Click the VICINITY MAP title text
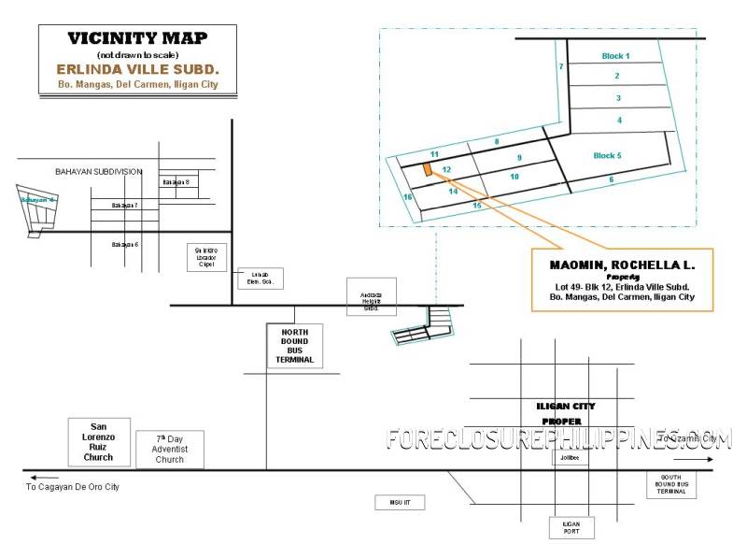click(135, 38)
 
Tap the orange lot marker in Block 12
click(427, 169)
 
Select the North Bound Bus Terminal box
click(294, 345)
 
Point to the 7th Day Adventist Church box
click(169, 449)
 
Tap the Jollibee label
click(571, 458)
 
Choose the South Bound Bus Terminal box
click(670, 485)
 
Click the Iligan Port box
click(571, 528)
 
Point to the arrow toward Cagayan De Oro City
click(39, 477)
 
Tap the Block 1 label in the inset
click(615, 56)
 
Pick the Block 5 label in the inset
click(607, 155)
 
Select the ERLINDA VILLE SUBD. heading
click(137, 68)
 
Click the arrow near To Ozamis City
click(692, 459)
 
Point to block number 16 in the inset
click(407, 197)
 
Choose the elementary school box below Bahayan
click(261, 278)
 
